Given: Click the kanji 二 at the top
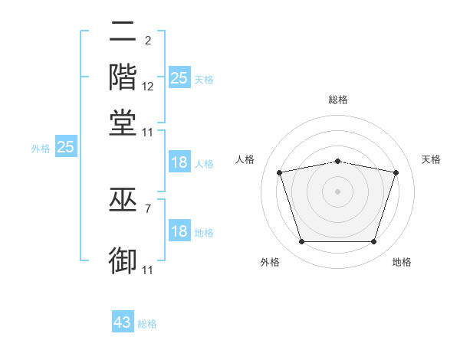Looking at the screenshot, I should click(x=123, y=32).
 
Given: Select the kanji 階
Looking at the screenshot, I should click(x=123, y=77).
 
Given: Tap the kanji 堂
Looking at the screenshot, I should click(x=123, y=123).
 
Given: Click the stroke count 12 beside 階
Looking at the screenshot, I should click(x=148, y=86).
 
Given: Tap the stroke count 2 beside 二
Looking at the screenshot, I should click(x=147, y=41).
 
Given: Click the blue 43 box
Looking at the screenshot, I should click(x=123, y=322).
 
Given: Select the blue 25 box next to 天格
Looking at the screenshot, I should click(x=179, y=78).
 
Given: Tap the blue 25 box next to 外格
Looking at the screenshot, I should click(x=65, y=147).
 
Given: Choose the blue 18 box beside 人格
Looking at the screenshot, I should click(x=179, y=162).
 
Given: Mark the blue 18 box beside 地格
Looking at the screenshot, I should click(x=179, y=232).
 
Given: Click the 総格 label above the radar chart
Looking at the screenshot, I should click(x=338, y=100).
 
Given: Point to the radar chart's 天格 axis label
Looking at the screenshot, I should click(x=431, y=159).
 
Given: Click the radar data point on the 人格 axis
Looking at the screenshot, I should click(x=280, y=172).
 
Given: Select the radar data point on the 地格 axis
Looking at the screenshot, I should click(x=374, y=242).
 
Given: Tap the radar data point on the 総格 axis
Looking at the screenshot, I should click(x=338, y=161).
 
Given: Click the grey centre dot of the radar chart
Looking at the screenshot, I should click(x=338, y=191).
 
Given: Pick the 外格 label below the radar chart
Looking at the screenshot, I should click(x=270, y=262).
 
